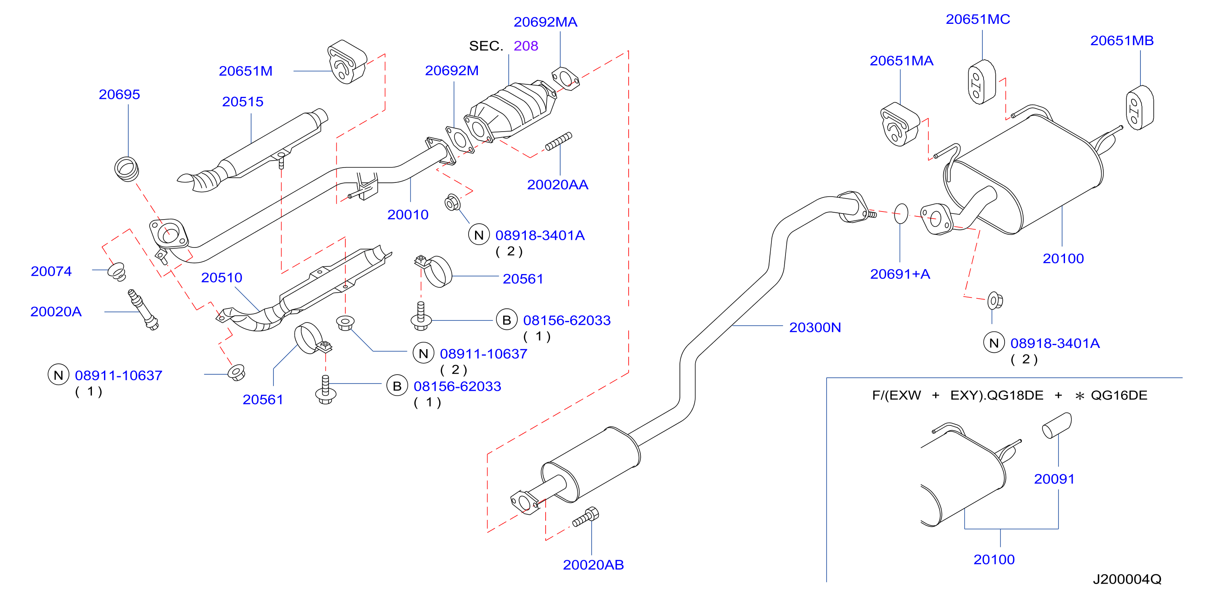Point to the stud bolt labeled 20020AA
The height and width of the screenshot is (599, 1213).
559,141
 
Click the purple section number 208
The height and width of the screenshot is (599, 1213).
525,46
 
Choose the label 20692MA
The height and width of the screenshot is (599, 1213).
545,22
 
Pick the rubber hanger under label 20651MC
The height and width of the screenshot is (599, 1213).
981,82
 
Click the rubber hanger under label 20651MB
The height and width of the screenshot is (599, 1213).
1139,107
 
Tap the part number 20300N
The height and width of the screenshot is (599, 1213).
815,327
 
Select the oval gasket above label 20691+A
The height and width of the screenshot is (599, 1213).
901,214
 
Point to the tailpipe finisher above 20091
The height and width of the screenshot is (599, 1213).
1057,425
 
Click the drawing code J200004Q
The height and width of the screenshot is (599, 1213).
1127,579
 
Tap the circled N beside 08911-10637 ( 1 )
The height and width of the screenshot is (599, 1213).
58,375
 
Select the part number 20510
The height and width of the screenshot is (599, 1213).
221,278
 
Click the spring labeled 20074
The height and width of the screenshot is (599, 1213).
117,272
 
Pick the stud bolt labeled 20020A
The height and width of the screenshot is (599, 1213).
143,310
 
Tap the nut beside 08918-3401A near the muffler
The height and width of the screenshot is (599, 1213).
995,300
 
